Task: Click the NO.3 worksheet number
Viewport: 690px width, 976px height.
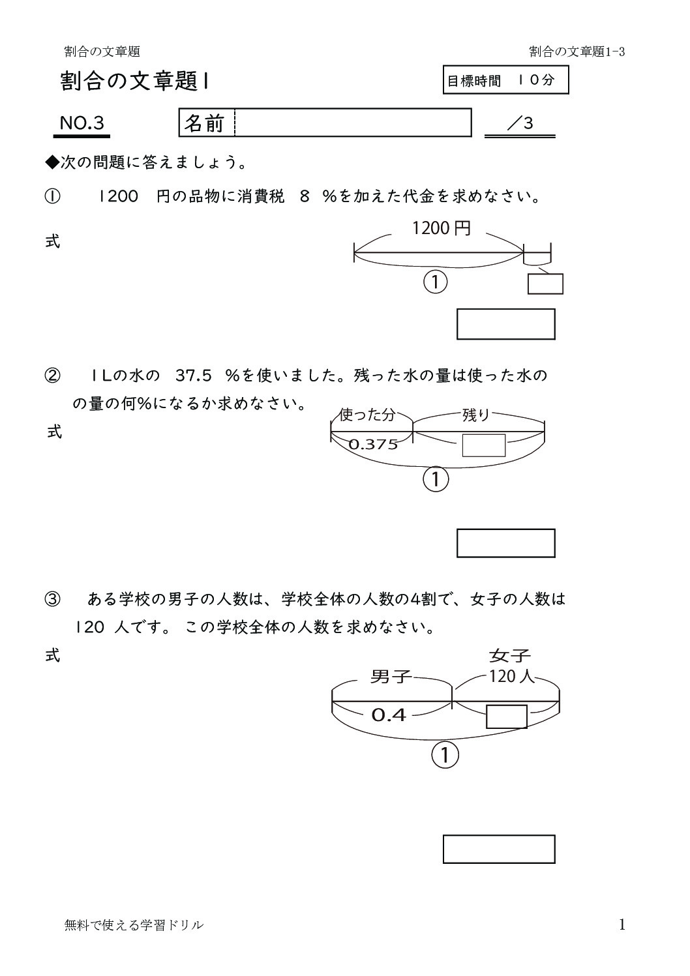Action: (82, 123)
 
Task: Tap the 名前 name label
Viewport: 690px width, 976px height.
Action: (204, 123)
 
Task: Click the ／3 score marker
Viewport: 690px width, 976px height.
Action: (520, 123)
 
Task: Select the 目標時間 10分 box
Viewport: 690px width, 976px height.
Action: (505, 80)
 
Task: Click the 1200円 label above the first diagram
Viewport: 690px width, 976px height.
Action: (441, 228)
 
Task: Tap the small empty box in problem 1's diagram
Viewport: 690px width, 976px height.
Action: (545, 284)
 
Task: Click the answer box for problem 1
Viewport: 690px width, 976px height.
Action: (505, 324)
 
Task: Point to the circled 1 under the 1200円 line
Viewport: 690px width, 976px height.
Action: (436, 282)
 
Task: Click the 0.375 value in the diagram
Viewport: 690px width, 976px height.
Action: (373, 445)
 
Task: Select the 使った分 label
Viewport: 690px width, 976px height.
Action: (367, 415)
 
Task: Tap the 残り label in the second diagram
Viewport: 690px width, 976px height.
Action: (476, 415)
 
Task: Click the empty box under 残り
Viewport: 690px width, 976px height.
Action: (484, 445)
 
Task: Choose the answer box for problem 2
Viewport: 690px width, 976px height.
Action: (505, 543)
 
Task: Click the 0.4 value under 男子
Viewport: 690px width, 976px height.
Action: (389, 715)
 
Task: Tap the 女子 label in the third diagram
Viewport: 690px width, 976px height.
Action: (509, 655)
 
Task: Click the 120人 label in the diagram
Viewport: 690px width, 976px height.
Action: (511, 676)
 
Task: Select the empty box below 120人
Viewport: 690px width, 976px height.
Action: (507, 717)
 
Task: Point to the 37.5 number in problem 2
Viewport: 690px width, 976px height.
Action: (194, 376)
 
